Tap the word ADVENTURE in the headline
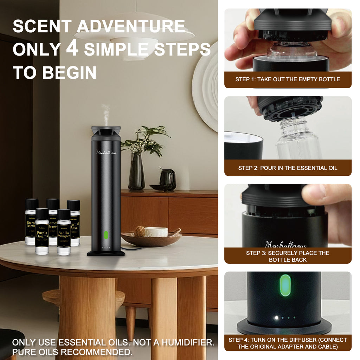point(131,27)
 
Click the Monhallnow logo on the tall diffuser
point(106,153)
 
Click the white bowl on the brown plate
point(156,232)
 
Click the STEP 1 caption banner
point(288,79)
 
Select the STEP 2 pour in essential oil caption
point(288,168)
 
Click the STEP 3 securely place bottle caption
point(288,256)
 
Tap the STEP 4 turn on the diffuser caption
point(288,343)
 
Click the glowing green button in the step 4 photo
point(285,285)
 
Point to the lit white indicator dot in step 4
point(276,318)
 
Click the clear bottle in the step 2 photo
point(298,141)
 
